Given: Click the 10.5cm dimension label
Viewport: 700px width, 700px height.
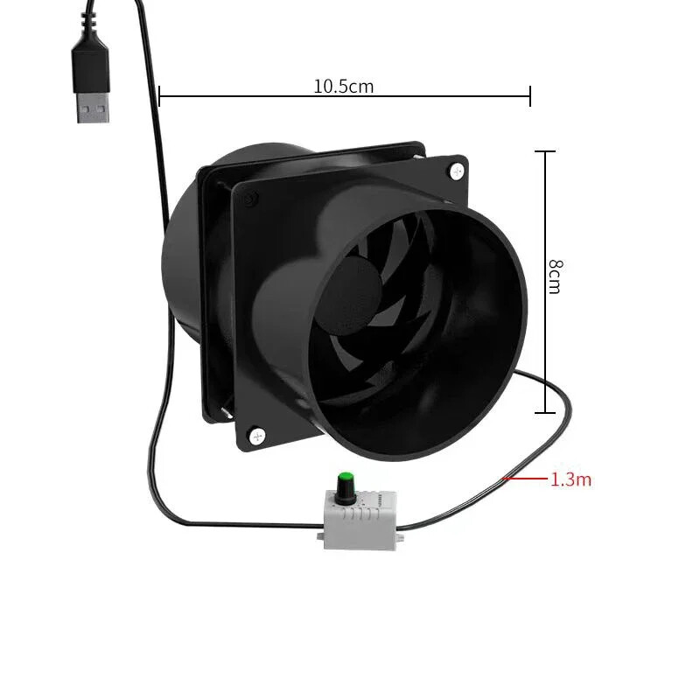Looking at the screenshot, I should click(x=343, y=86).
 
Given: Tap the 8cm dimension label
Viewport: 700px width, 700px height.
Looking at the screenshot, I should click(x=554, y=276).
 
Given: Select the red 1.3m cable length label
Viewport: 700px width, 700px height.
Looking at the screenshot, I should click(x=570, y=479).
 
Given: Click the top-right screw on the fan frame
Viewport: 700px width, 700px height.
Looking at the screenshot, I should click(x=455, y=171).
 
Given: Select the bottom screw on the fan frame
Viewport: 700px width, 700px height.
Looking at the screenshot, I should click(x=256, y=432).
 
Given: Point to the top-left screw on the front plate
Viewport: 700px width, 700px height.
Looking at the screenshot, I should click(x=251, y=201).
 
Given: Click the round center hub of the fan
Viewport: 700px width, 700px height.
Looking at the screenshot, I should click(x=359, y=282).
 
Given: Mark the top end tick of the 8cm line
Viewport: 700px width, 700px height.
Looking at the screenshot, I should click(x=545, y=151).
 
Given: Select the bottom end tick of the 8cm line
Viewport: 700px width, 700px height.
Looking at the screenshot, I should click(x=545, y=412).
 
